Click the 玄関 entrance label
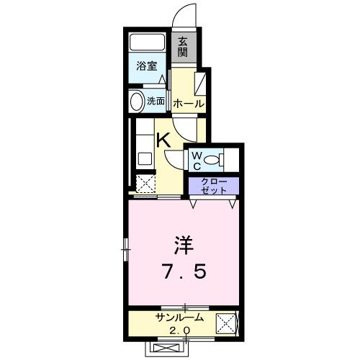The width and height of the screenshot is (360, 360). pyautogui.click(x=183, y=47)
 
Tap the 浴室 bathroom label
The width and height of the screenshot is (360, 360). pyautogui.click(x=147, y=66)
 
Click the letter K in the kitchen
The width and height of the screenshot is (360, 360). pyautogui.click(x=164, y=140)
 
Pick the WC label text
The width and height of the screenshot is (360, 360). pyautogui.click(x=196, y=159)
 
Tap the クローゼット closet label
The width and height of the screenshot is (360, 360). pyautogui.click(x=213, y=184)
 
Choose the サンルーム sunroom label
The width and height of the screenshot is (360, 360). pyautogui.click(x=179, y=318)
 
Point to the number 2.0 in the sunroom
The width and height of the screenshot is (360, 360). pyautogui.click(x=179, y=330)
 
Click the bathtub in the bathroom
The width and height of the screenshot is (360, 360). pyautogui.click(x=148, y=41)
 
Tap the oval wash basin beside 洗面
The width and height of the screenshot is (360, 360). pyautogui.click(x=136, y=101)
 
